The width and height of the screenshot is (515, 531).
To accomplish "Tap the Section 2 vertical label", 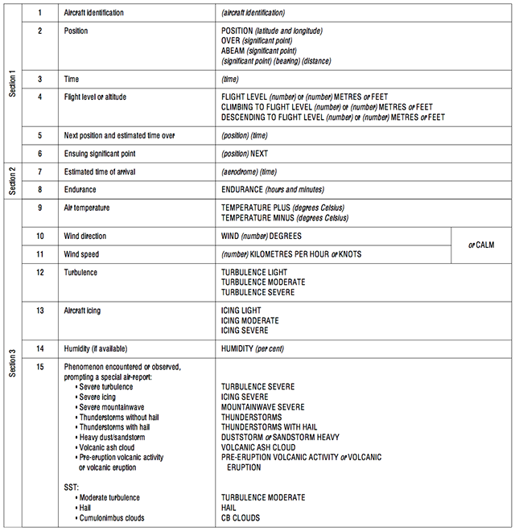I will [12, 181].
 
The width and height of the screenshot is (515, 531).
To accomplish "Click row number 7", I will [39, 172].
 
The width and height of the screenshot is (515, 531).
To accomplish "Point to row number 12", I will [39, 273].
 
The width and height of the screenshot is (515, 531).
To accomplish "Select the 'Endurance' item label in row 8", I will [80, 190].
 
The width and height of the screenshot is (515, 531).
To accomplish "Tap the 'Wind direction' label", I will [85, 237].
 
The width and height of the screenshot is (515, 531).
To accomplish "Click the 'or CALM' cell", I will [481, 245].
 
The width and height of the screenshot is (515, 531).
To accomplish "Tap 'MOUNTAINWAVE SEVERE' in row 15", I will [262, 407].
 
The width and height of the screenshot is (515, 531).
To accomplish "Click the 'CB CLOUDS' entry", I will [241, 519].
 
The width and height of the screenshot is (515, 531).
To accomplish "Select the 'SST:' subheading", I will [72, 488].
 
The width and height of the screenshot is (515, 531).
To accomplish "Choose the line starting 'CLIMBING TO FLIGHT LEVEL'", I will [327, 107].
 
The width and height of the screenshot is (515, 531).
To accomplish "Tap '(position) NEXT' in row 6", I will [245, 153].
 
